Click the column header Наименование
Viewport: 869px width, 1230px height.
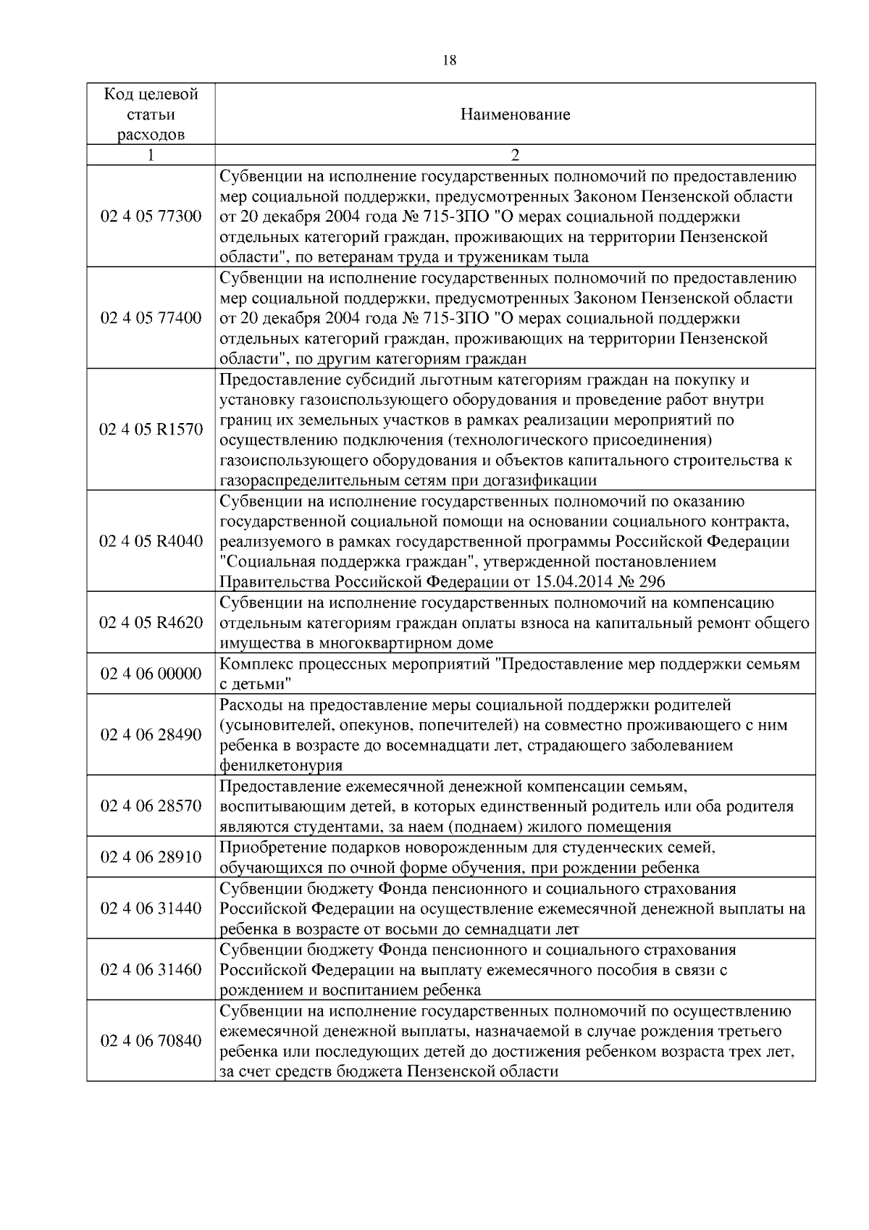click(515, 114)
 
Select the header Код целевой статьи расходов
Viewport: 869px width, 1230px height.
click(151, 114)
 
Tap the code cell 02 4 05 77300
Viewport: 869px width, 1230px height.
click(151, 217)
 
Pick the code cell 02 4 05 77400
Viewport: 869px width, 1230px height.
click(151, 318)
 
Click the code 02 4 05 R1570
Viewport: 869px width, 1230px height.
click(151, 430)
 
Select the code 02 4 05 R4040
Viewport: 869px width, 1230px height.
click(151, 541)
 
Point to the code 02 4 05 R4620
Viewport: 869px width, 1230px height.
click(151, 622)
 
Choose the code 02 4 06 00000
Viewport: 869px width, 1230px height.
click(151, 674)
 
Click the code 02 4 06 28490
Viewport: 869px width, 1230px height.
click(151, 735)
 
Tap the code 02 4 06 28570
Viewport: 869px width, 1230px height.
click(151, 806)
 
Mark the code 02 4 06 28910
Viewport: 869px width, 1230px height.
click(151, 857)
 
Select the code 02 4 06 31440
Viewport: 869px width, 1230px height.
click(151, 908)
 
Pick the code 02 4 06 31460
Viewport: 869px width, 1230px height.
click(151, 969)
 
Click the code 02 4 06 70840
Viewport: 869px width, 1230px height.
click(151, 1041)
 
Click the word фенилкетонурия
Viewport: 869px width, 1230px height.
click(281, 765)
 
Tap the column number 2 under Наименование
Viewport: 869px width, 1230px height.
click(515, 155)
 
